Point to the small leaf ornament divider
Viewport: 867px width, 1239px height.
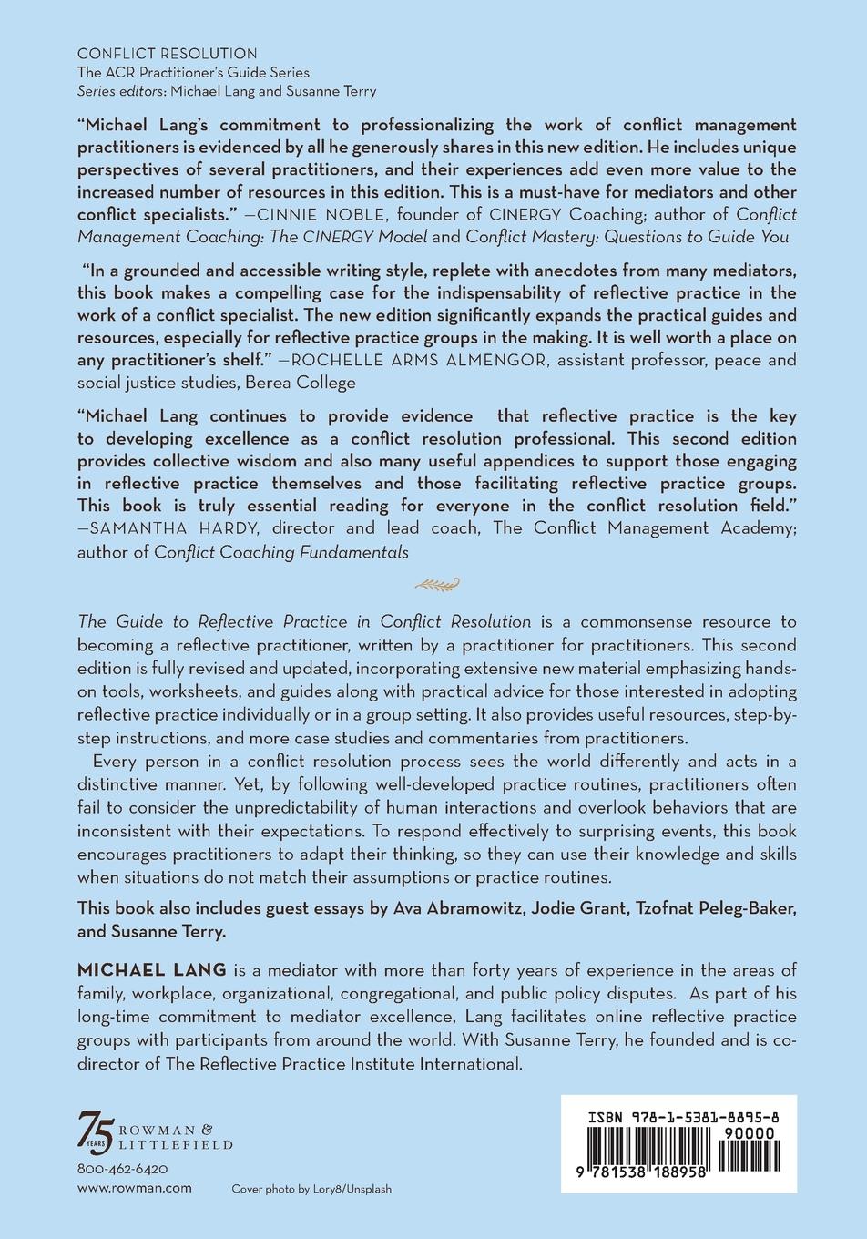pos(433,585)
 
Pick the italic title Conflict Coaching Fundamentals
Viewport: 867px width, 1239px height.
pos(281,551)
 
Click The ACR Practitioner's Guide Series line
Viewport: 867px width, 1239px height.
pos(193,72)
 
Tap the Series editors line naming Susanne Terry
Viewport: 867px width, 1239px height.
pos(227,90)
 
